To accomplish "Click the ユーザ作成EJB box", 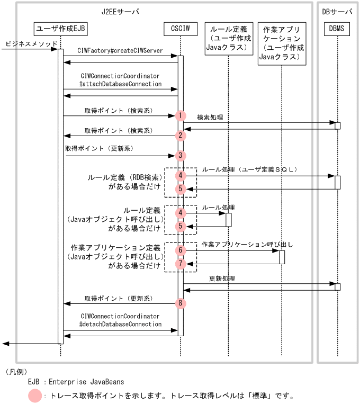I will pyautogui.click(x=60, y=28).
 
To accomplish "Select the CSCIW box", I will pyautogui.click(x=180, y=28).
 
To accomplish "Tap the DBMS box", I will pyautogui.click(x=337, y=28).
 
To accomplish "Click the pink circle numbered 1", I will pyautogui.click(x=181, y=115).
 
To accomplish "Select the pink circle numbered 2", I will pyautogui.click(x=181, y=136).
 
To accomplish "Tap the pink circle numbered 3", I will pyautogui.click(x=181, y=156).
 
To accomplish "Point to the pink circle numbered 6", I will pyautogui.click(x=181, y=250).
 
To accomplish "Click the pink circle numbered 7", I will pyautogui.click(x=181, y=263).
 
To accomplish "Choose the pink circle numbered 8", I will pyautogui.click(x=181, y=303).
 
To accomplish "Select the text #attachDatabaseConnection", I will pyautogui.click(x=120, y=84).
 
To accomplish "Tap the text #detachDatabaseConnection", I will pyautogui.click(x=120, y=324).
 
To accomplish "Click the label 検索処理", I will pyautogui.click(x=210, y=117).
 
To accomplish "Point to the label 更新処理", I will pyautogui.click(x=222, y=278).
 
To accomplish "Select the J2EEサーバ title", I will pyautogui.click(x=120, y=11).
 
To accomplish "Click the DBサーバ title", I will pyautogui.click(x=337, y=11).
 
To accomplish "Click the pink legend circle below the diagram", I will pyautogui.click(x=35, y=395).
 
